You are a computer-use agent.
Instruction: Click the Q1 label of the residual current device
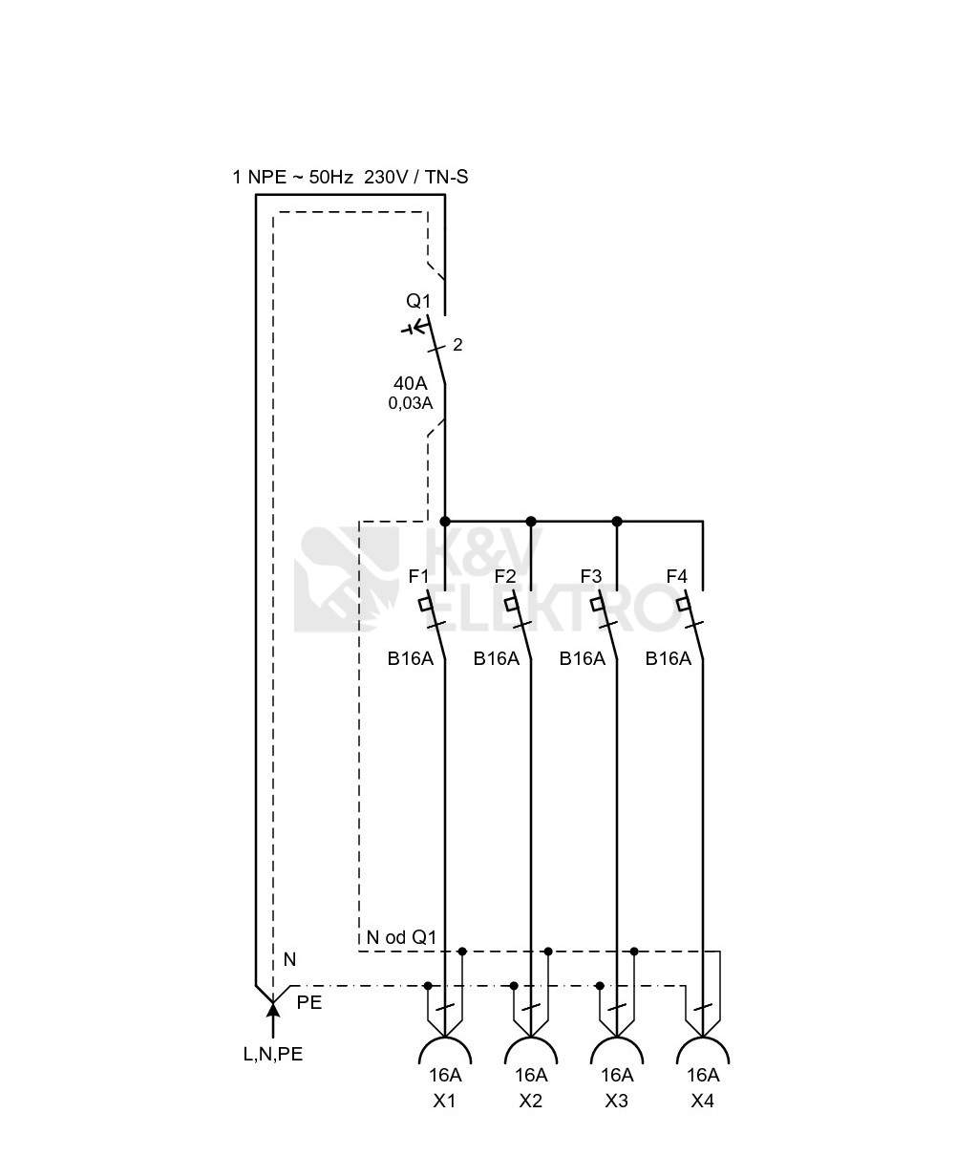tap(418, 301)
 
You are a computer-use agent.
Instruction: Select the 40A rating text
tap(411, 383)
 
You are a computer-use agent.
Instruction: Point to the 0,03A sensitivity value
tap(411, 402)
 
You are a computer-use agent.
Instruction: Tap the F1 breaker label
tap(418, 576)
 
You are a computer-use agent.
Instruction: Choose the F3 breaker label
tap(591, 576)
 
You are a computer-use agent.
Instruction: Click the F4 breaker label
tap(677, 576)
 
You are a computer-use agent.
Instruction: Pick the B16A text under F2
tap(497, 659)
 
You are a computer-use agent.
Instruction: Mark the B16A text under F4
tap(668, 659)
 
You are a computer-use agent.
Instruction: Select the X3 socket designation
tap(617, 1101)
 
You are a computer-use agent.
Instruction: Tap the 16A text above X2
tap(531, 1075)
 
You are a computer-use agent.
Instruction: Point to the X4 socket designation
tap(703, 1101)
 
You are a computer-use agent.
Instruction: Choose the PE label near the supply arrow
tap(309, 1003)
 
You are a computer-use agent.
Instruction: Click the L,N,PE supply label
tap(273, 1054)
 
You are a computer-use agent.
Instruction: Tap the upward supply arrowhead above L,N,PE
tap(273, 1007)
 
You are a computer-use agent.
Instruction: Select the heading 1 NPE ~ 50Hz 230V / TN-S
tap(350, 178)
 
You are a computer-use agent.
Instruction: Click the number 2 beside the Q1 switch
tap(457, 345)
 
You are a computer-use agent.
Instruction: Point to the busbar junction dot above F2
tap(531, 522)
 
